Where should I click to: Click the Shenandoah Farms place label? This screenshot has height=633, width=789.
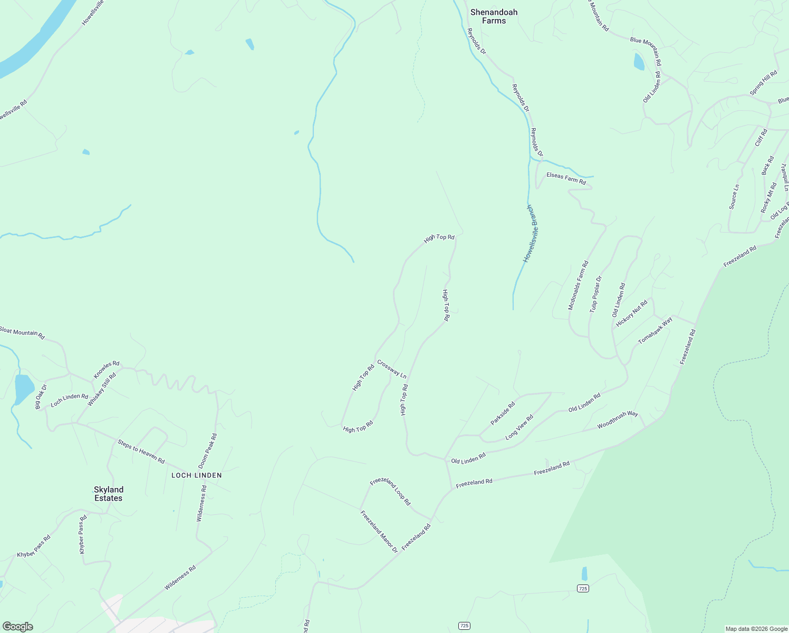pyautogui.click(x=494, y=16)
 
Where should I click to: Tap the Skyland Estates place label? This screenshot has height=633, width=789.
pyautogui.click(x=108, y=494)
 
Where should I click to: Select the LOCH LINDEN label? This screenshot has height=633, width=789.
pyautogui.click(x=196, y=475)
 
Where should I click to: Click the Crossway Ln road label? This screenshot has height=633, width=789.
pyautogui.click(x=392, y=369)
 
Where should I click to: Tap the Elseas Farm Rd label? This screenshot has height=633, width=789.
pyautogui.click(x=566, y=178)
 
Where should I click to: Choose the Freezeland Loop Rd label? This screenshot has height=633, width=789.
pyautogui.click(x=390, y=492)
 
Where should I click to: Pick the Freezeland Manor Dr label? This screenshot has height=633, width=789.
pyautogui.click(x=379, y=531)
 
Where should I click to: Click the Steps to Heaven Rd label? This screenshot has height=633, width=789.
pyautogui.click(x=141, y=452)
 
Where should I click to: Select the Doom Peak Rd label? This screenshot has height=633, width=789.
pyautogui.click(x=207, y=451)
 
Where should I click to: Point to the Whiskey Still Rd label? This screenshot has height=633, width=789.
pyautogui.click(x=101, y=390)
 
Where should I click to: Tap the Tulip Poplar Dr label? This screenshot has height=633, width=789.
pyautogui.click(x=595, y=294)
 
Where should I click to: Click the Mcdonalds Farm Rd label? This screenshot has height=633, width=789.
pyautogui.click(x=578, y=285)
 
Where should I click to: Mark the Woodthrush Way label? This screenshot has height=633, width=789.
pyautogui.click(x=618, y=420)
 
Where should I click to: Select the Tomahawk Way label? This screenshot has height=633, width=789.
pyautogui.click(x=655, y=331)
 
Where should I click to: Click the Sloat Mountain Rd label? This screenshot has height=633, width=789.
pyautogui.click(x=22, y=332)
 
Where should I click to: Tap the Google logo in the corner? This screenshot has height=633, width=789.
pyautogui.click(x=17, y=626)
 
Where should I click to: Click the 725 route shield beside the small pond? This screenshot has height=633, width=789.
pyautogui.click(x=582, y=588)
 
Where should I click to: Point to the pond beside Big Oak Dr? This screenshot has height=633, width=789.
pyautogui.click(x=24, y=389)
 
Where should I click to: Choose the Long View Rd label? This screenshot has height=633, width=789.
pyautogui.click(x=519, y=427)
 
